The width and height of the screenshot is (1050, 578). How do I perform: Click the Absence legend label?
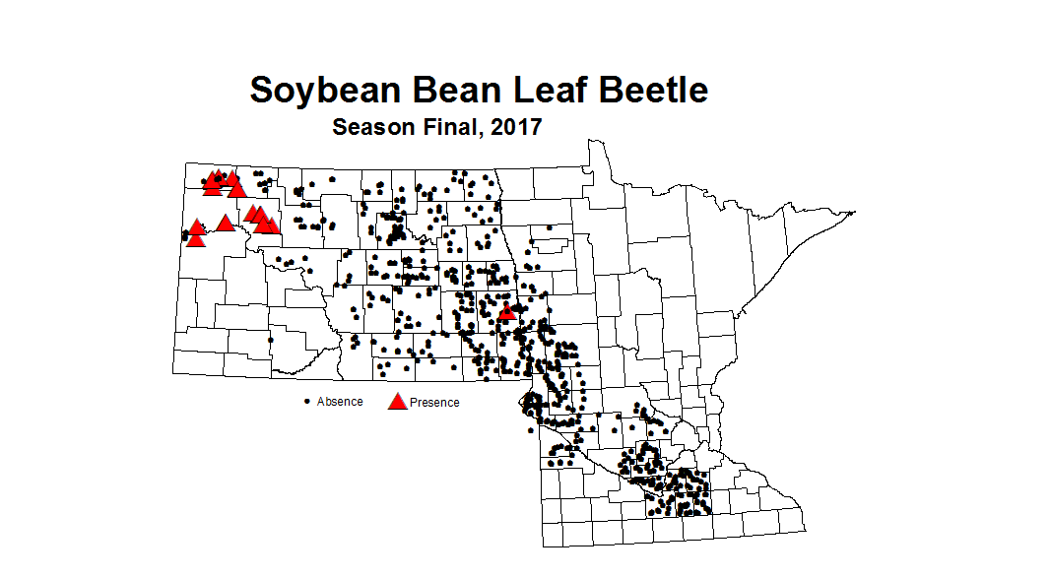[x=340, y=402]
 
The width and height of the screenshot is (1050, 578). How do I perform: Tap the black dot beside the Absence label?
[x=307, y=402]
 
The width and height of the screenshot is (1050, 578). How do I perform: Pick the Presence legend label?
[x=434, y=402]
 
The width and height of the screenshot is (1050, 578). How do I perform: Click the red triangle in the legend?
[x=397, y=401]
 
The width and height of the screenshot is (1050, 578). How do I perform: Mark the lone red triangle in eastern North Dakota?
[x=507, y=312]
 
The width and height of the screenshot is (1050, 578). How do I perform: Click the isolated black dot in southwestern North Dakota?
[x=271, y=340]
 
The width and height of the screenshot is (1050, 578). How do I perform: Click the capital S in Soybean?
[x=262, y=90]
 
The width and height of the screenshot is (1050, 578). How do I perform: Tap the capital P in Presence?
[x=414, y=402]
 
